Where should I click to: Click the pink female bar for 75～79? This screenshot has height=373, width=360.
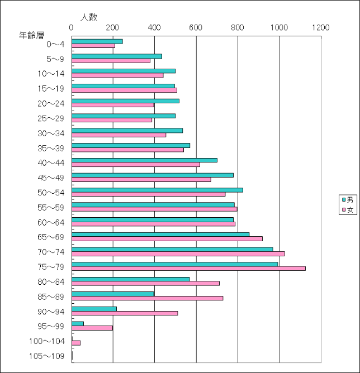(x=188, y=269)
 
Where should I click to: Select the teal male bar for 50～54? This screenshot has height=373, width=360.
(x=157, y=190)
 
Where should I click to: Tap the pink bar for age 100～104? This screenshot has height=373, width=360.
(x=76, y=343)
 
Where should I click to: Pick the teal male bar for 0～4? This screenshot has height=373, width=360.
(x=97, y=41)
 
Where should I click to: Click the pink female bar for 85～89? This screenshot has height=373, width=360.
(x=148, y=298)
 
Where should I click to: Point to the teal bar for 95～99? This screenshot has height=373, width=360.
(x=78, y=323)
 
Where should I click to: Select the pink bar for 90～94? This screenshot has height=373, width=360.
(x=125, y=313)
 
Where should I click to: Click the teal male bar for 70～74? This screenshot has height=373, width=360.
(x=172, y=249)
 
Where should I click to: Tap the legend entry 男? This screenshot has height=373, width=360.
(x=347, y=200)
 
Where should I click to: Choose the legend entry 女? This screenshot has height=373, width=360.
(x=347, y=210)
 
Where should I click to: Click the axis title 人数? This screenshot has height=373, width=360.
(x=89, y=17)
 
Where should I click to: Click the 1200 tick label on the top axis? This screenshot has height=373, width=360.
(x=321, y=27)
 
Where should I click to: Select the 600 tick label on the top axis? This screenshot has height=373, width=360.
(x=196, y=27)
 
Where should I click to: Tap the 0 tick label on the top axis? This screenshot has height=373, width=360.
(x=72, y=27)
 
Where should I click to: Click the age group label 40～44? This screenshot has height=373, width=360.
(x=51, y=162)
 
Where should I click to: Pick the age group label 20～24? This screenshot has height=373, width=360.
(x=51, y=103)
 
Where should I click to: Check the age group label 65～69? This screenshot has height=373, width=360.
(x=51, y=237)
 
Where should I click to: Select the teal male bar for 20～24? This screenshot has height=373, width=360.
(x=125, y=101)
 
